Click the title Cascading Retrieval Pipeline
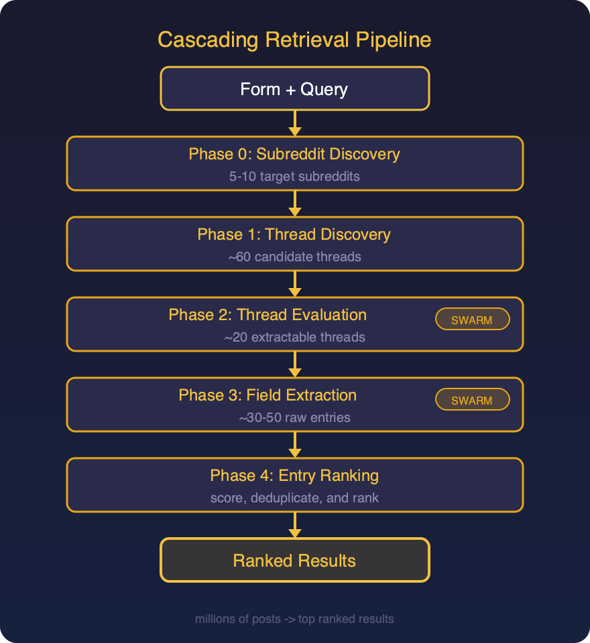[294, 40]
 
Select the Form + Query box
[294, 88]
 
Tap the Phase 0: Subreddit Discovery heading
[294, 154]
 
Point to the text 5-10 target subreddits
[294, 177]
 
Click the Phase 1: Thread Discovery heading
[294, 234]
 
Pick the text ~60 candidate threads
[294, 257]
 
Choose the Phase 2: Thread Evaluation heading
[268, 315]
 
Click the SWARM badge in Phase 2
[472, 320]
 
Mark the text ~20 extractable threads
[294, 338]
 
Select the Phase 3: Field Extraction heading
[268, 395]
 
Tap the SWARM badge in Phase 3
[472, 401]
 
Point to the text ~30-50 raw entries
[294, 418]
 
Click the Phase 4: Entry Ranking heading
[294, 476]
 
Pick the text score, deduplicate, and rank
[294, 498]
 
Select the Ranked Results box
[294, 560]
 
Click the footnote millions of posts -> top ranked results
[294, 619]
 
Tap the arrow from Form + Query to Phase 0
[294, 123]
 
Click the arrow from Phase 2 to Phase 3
[294, 364]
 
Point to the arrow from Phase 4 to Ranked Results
[294, 525]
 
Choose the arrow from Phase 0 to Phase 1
[294, 204]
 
